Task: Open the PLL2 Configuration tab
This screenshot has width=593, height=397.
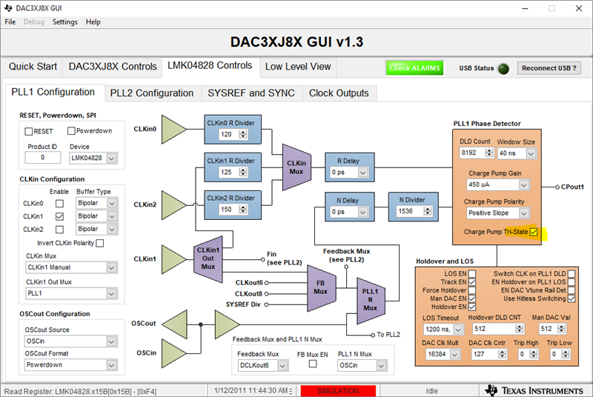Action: pyautogui.click(x=151, y=93)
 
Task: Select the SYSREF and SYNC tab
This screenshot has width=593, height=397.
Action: pyautogui.click(x=251, y=93)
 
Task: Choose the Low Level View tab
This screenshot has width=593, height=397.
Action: pyautogui.click(x=298, y=67)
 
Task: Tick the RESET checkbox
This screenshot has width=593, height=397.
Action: pyautogui.click(x=29, y=131)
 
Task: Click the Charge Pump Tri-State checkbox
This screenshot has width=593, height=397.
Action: pyautogui.click(x=534, y=233)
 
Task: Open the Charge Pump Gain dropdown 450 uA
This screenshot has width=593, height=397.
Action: pyautogui.click(x=494, y=184)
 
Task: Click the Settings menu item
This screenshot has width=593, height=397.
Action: pyautogui.click(x=64, y=22)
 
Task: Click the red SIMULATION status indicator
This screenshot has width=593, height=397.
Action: pyautogui.click(x=337, y=390)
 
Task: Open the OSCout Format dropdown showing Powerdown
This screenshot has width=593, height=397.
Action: pyautogui.click(x=70, y=364)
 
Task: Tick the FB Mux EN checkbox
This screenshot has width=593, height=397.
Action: pyautogui.click(x=312, y=364)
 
